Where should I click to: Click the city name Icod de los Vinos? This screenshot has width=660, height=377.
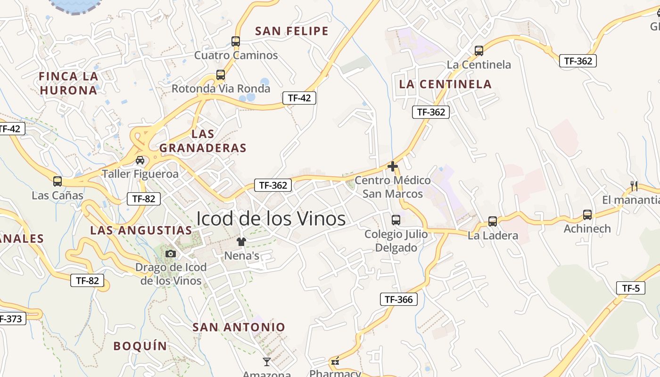271,219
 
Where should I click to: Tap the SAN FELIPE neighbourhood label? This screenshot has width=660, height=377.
291,32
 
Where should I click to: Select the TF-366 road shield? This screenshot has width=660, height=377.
398,299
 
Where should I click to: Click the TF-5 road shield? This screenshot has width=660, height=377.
630,288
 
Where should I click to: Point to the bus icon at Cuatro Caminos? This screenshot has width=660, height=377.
236,41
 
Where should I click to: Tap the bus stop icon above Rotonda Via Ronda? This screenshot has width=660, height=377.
220,75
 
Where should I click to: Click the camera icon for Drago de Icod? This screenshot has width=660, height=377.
171,254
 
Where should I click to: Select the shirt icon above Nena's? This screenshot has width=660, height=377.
241,242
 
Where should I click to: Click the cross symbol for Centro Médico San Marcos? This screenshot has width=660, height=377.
392,166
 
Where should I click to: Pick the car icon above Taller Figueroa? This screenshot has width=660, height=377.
140,160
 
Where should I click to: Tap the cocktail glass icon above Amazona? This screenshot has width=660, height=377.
267,362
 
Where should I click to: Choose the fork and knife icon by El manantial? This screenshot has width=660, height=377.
634,186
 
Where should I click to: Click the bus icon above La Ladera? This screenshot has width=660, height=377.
493,221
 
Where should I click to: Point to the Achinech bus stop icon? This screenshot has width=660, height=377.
587,215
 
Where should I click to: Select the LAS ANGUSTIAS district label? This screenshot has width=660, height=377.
141,230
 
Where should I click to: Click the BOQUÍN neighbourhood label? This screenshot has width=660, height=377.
140,346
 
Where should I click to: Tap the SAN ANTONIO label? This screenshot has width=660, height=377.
239,327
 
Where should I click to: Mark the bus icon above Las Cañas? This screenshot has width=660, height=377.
58,181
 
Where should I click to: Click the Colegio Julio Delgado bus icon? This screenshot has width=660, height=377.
396,220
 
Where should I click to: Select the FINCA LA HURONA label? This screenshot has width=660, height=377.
68,83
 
